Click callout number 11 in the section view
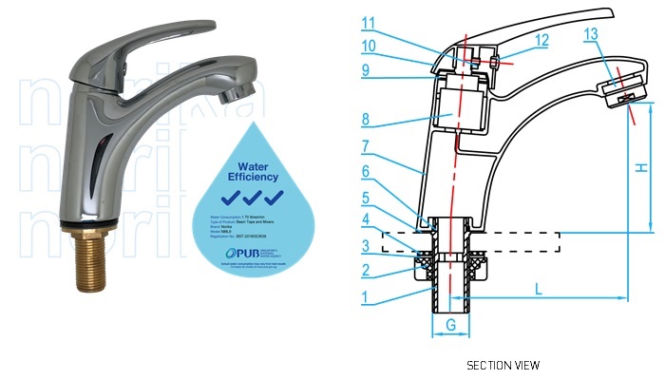[x=369, y=22]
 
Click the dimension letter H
[x=641, y=167]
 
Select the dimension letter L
[x=539, y=287]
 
